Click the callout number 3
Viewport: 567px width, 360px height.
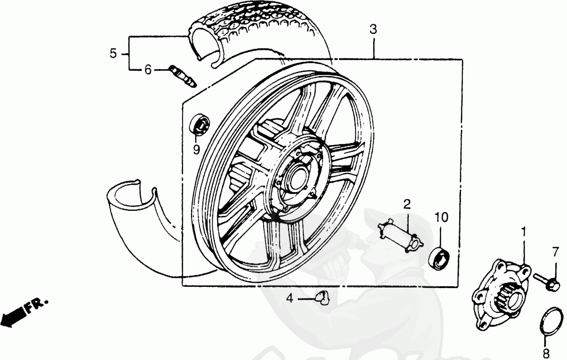(373, 29)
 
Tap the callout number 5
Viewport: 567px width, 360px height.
(113, 54)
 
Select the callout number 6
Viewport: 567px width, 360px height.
(148, 69)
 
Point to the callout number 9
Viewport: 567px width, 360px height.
(196, 150)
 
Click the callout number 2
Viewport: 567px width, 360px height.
(407, 205)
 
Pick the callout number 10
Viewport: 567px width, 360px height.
(441, 217)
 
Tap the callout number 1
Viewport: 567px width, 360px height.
(523, 231)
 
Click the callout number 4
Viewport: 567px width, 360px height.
(289, 299)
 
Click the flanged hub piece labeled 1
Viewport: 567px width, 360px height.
(501, 293)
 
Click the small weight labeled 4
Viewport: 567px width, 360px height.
(323, 298)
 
